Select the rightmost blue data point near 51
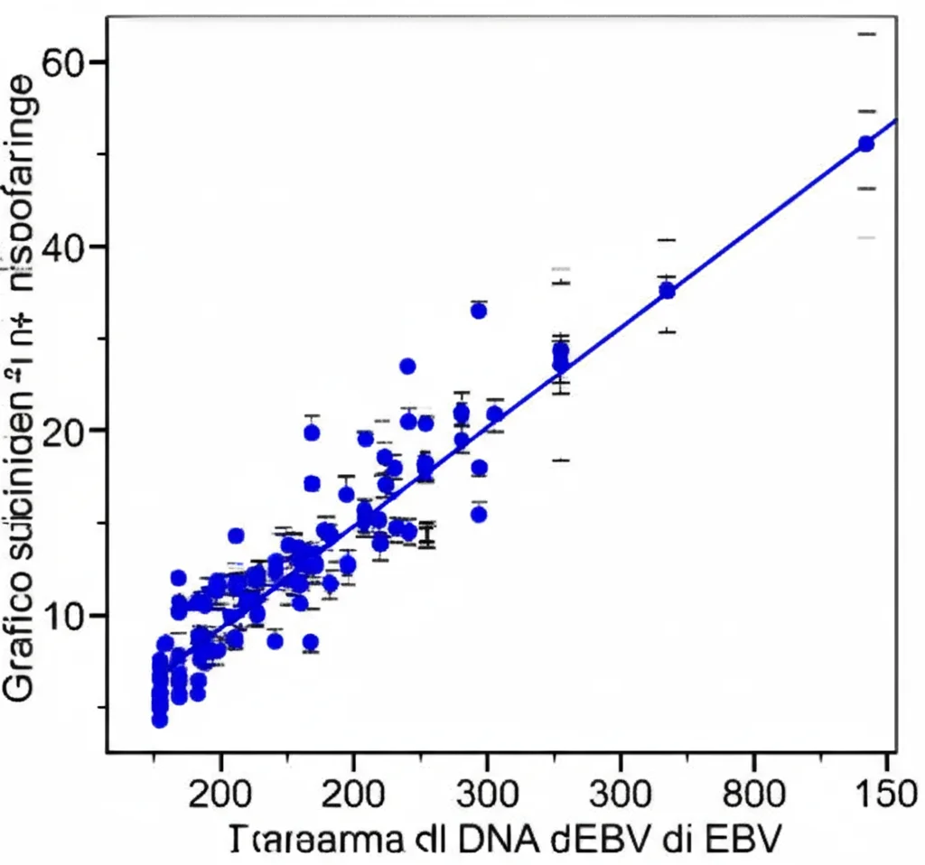tap(865, 144)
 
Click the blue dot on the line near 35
tap(667, 291)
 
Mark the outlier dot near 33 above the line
tap(479, 311)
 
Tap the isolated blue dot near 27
tap(407, 366)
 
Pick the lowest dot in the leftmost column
tap(160, 720)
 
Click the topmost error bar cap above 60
tap(865, 34)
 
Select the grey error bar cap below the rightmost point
tap(865, 237)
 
